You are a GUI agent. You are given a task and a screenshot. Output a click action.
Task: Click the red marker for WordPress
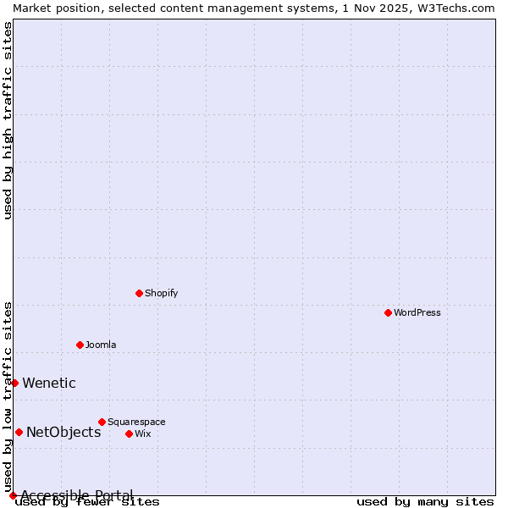tap(388, 312)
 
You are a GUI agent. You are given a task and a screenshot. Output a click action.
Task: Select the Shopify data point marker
tap(139, 293)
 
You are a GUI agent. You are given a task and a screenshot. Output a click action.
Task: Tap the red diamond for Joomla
tap(80, 345)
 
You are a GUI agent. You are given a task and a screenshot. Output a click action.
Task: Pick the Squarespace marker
tap(102, 422)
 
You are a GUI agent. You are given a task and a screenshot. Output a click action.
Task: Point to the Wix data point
tap(129, 433)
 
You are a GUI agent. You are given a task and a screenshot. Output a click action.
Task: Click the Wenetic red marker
tap(14, 383)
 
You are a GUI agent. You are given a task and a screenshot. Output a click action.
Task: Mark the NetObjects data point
tap(19, 432)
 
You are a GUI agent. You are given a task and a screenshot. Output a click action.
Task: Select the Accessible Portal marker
tap(13, 495)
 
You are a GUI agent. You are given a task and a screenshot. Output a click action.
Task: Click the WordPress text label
tap(417, 312)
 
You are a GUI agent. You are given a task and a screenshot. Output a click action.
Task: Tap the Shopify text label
tap(162, 293)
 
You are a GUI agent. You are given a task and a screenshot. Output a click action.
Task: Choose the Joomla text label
tap(101, 345)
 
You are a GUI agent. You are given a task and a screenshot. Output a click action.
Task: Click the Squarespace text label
tap(136, 422)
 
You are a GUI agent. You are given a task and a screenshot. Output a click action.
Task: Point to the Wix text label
tap(143, 433)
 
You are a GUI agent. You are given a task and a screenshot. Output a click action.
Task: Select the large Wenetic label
tap(49, 383)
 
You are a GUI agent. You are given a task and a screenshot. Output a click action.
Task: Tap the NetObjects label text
tap(63, 432)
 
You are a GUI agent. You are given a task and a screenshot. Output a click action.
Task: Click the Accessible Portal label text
tap(77, 495)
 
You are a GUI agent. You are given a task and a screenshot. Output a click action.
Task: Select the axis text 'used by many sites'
tap(425, 502)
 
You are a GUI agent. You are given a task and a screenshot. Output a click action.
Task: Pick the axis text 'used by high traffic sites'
tap(8, 120)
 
